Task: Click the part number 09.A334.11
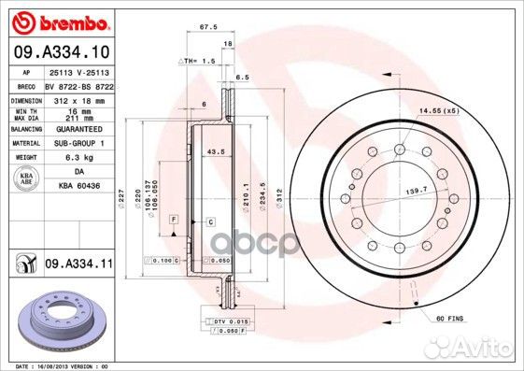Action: [78, 266]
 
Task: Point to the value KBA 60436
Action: [78, 185]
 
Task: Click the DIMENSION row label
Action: [25, 98]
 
